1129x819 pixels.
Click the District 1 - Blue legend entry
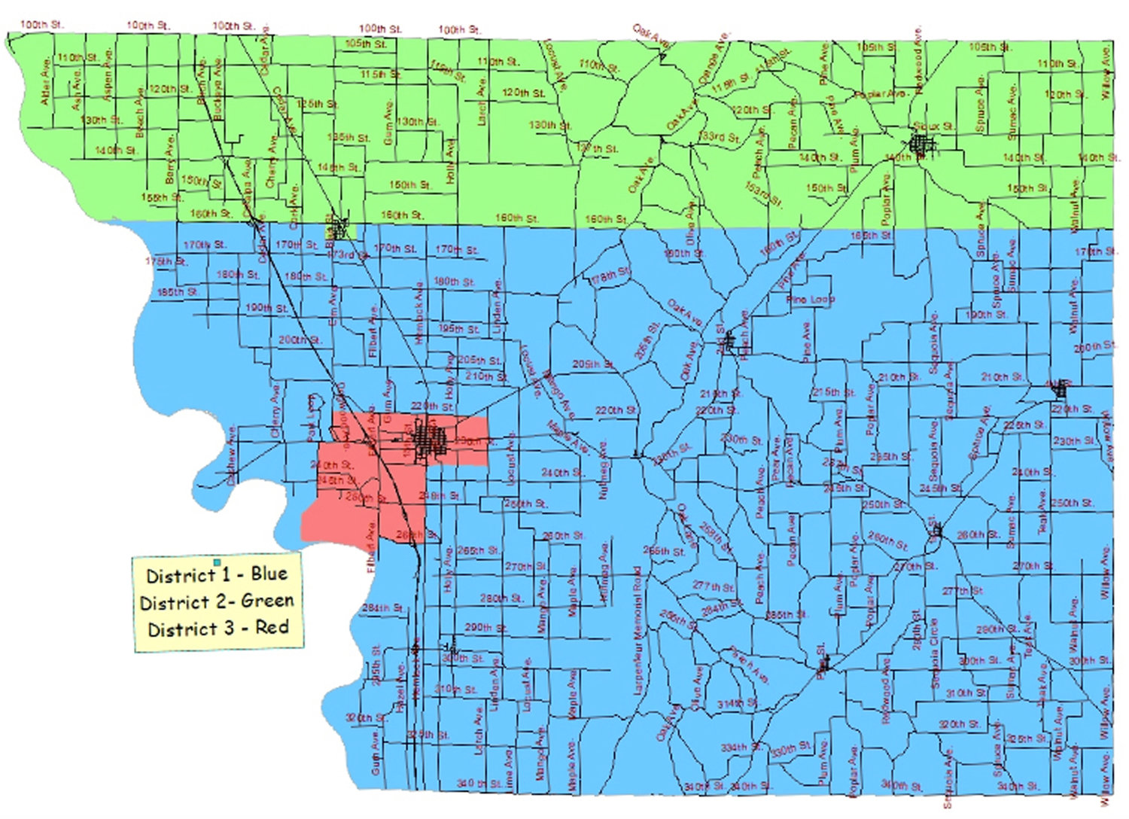click(x=217, y=575)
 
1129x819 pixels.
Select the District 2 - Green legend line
click(x=217, y=601)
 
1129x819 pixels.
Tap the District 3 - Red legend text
click(x=218, y=628)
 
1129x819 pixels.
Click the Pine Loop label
click(x=810, y=300)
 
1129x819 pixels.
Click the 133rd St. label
click(x=719, y=137)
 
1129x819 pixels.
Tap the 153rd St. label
click(x=764, y=193)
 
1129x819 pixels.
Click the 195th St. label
click(x=458, y=329)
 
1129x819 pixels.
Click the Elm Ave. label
click(x=333, y=305)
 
